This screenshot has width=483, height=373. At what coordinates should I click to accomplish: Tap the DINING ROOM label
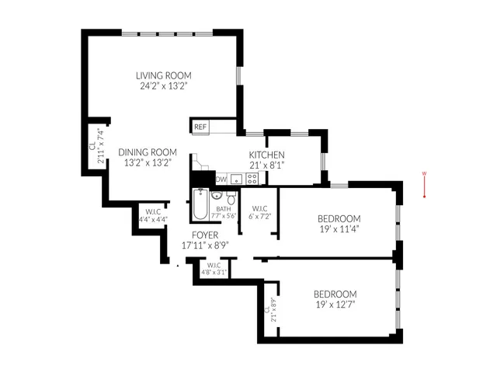[148, 152]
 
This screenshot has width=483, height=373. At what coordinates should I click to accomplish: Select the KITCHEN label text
[266, 155]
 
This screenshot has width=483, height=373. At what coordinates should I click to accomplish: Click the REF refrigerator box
[200, 127]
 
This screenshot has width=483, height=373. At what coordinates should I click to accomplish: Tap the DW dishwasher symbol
[221, 180]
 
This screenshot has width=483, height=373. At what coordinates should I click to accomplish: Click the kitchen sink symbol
[235, 179]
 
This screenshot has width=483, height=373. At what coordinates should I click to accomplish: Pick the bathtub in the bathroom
[200, 204]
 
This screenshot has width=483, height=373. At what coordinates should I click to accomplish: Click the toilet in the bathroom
[231, 199]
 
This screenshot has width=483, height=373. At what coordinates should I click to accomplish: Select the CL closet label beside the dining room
[92, 145]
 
